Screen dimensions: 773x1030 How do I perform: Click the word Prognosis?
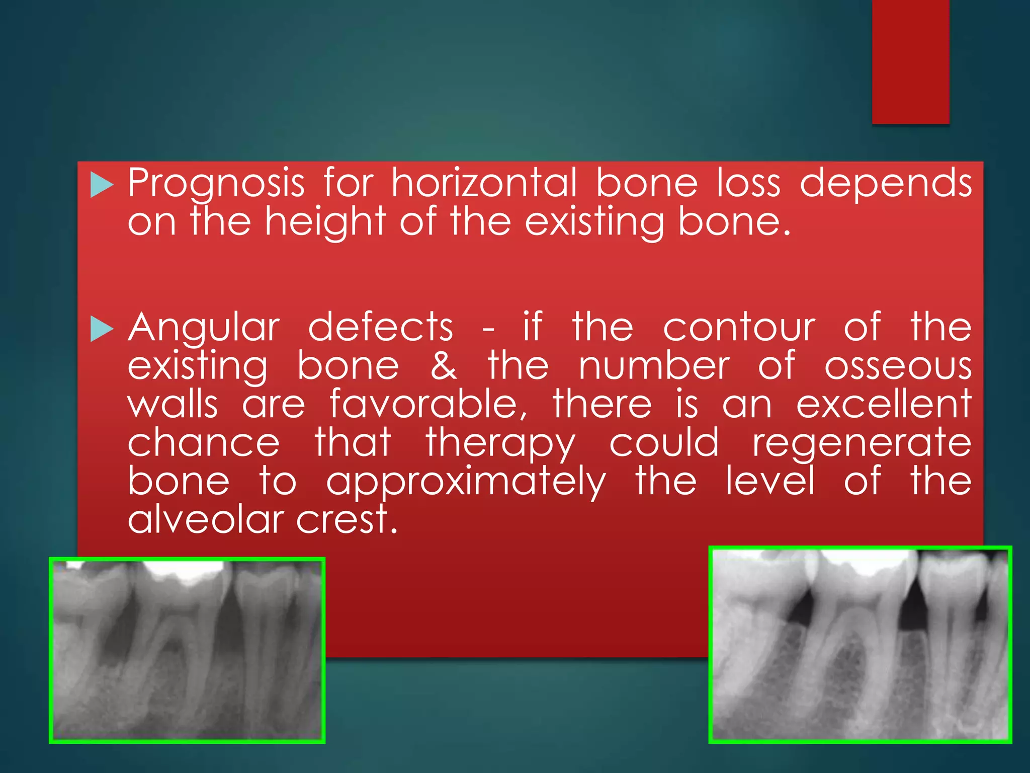point(216,184)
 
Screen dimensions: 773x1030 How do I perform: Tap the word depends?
point(886,184)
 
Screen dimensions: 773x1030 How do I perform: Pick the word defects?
point(381,327)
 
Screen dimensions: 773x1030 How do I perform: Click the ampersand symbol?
point(444,366)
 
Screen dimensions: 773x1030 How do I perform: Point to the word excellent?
point(884,404)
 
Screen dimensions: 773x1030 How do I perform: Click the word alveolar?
point(207,519)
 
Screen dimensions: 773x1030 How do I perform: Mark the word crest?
point(347,519)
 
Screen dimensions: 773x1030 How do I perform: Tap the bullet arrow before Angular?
point(102,330)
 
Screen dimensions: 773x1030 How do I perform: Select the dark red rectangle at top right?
point(910,61)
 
